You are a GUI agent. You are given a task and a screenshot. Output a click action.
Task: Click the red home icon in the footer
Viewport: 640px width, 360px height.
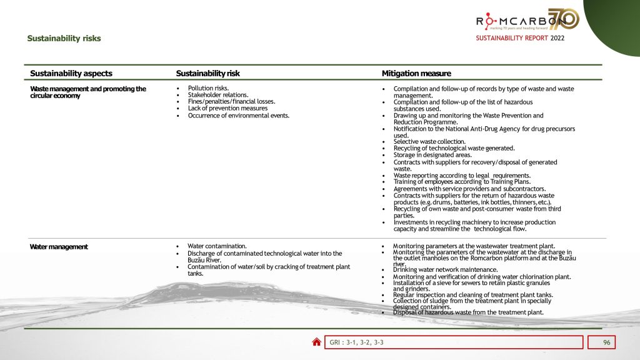point(317,342)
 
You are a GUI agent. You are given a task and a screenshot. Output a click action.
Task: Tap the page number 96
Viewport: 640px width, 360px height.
point(606,342)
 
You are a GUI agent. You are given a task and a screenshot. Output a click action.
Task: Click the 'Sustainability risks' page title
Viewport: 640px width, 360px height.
point(64,39)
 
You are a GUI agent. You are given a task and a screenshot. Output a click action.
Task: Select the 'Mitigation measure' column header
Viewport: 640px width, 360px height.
point(416,74)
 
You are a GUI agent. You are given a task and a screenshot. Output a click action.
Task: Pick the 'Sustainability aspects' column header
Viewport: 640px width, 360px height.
point(71,74)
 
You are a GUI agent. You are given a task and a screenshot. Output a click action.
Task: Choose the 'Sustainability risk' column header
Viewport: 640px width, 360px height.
point(207,74)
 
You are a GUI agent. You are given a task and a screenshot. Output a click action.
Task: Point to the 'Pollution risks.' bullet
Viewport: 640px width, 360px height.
point(208,88)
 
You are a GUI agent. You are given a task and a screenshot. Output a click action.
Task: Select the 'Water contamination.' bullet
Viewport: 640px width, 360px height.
point(217,246)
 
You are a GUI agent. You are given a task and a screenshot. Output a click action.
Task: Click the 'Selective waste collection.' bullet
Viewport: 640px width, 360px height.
point(429,142)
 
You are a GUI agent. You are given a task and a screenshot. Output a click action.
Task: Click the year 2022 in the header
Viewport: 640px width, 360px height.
point(557,39)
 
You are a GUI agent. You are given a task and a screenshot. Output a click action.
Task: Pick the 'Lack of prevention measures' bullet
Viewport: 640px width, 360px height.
point(227,108)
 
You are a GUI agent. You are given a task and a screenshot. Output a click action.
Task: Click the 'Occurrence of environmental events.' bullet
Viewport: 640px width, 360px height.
point(238,115)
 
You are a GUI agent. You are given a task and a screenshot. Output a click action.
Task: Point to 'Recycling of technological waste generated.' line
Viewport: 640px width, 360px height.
point(454,148)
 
